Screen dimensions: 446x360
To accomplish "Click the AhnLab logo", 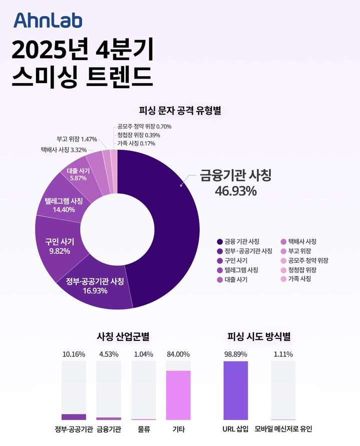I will coord(48,20).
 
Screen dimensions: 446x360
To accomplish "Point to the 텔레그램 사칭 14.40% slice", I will coord(63,205).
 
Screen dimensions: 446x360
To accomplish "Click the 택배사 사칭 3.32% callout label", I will coord(64,150).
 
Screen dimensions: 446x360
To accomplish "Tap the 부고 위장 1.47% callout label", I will coord(77,139).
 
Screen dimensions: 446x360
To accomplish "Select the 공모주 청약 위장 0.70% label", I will coord(144,127).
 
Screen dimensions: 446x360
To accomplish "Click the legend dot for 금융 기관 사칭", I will coord(220,242).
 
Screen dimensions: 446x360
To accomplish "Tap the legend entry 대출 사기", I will coord(236,280).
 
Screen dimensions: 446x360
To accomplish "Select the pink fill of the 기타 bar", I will coord(178,395).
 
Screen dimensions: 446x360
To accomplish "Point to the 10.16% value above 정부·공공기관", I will coord(74,354).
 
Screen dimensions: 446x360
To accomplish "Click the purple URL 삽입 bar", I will coord(235,390).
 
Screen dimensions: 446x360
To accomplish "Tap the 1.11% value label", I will coord(283,354).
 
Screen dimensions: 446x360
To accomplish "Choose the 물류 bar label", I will coord(144,429).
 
